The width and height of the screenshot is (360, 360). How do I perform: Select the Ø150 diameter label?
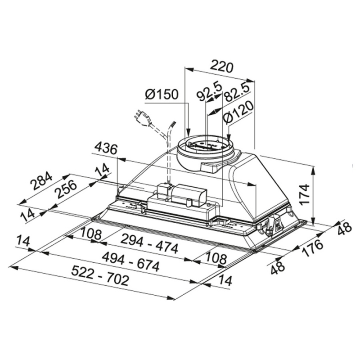pos(162,94)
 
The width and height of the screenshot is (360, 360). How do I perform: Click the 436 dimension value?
pos(106,149)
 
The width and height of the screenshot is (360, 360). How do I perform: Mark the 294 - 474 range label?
pos(149,244)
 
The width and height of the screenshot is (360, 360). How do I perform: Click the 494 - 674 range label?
pos(130,262)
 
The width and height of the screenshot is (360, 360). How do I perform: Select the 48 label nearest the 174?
pos(344,229)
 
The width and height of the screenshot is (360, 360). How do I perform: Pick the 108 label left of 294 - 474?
pos(91,234)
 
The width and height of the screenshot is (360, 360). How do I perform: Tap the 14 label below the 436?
pos(102,169)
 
